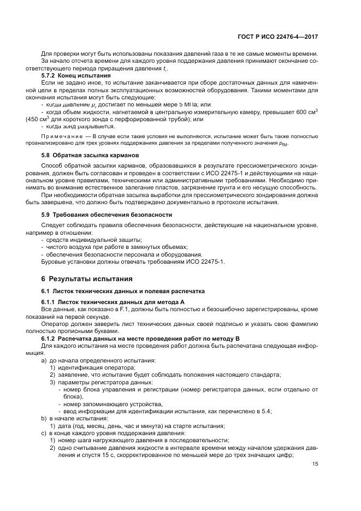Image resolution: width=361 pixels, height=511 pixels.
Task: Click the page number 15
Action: pos(316,464)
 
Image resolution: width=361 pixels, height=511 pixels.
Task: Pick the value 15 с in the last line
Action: pos(90,455)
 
